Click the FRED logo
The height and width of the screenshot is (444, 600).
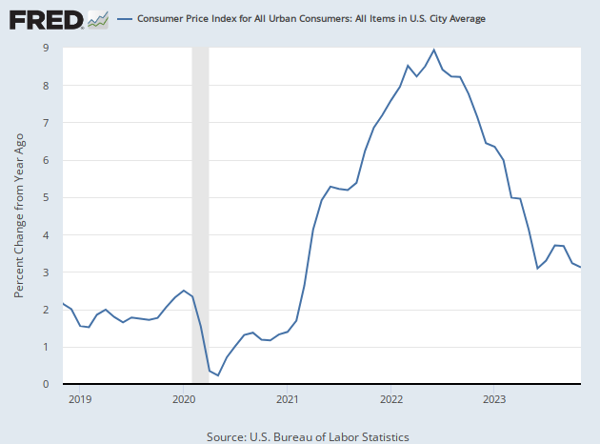click(45, 19)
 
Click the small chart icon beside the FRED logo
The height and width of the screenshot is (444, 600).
click(97, 19)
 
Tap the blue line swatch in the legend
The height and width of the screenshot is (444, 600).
click(125, 19)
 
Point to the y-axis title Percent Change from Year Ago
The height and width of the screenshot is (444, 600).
click(19, 215)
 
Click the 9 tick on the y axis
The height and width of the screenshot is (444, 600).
click(46, 49)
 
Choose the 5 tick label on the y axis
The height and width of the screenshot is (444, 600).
click(46, 198)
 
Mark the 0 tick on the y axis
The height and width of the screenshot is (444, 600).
click(46, 385)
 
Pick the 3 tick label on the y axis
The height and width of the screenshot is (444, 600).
click(46, 272)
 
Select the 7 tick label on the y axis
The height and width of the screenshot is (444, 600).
click(46, 123)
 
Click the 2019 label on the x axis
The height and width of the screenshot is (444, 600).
click(80, 400)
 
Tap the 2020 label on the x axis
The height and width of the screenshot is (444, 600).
click(184, 400)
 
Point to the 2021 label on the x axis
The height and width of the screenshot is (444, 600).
click(288, 400)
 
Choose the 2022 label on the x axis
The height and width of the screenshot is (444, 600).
click(391, 400)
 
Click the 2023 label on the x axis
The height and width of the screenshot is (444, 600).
click(495, 400)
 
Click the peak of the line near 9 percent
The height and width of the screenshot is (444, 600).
click(433, 50)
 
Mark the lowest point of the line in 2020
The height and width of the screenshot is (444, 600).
click(218, 375)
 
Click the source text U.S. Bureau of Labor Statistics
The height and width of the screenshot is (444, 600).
click(308, 436)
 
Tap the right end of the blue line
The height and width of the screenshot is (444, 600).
click(580, 267)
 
